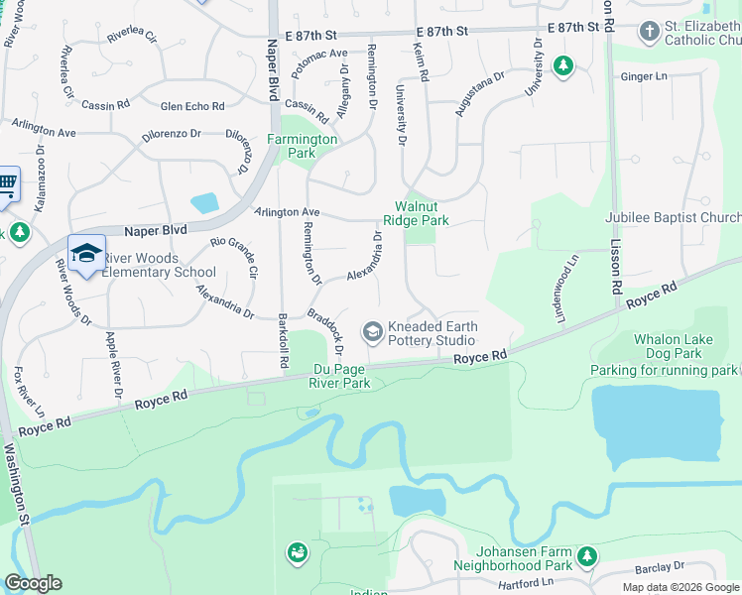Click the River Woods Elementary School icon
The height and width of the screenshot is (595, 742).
(86, 252)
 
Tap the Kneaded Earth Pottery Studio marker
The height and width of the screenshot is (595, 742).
(373, 331)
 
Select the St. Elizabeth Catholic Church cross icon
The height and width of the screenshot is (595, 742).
(649, 31)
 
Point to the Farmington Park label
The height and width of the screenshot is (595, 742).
(303, 146)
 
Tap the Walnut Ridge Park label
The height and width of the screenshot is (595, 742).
(417, 213)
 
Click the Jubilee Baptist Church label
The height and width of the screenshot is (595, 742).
(674, 218)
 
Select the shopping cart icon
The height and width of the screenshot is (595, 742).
(7, 183)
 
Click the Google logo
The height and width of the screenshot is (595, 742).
(34, 583)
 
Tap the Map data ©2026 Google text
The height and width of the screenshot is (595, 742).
(680, 587)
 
